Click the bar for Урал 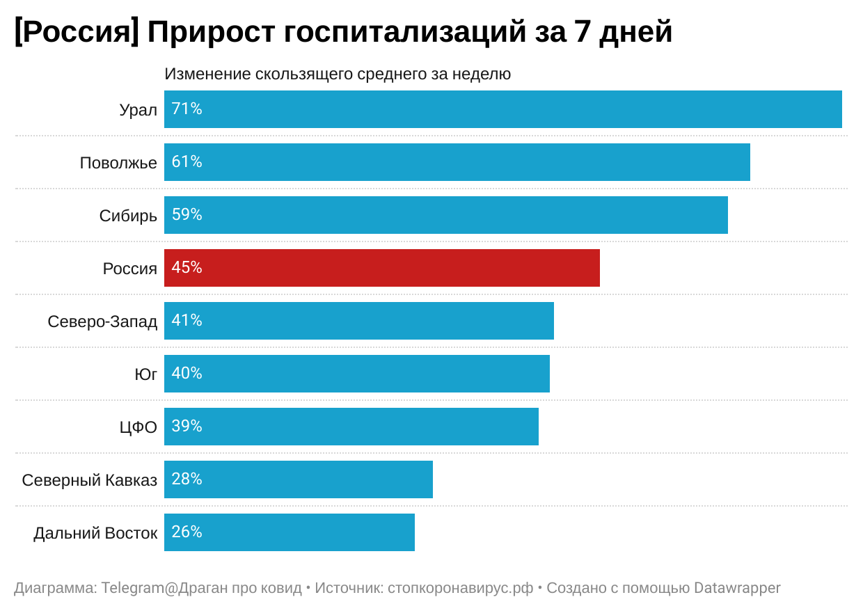coord(502,109)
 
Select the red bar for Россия coord(381,268)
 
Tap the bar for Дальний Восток coord(289,532)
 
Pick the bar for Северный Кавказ coord(298,479)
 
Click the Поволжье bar coord(457,162)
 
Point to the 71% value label coord(187,109)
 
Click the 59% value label coord(187,215)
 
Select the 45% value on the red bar coord(187,268)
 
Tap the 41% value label coord(187,321)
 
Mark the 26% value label coord(187,532)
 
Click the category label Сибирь coord(128,216)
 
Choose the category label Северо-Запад coord(102,322)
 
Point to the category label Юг coord(145,374)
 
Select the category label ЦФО coord(138,427)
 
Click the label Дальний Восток coord(95,533)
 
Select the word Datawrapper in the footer coord(737,588)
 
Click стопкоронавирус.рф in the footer coord(460,588)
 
